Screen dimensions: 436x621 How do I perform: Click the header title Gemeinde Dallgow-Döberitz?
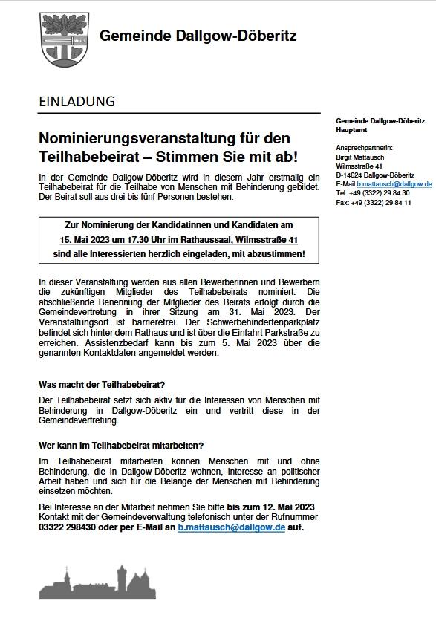click(x=198, y=36)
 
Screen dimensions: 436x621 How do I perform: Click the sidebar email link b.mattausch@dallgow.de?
click(x=394, y=183)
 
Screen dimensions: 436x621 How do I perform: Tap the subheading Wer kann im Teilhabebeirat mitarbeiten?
click(x=121, y=445)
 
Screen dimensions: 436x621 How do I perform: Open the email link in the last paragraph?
click(x=231, y=527)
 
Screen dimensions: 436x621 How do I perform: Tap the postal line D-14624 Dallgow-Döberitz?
click(x=375, y=174)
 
